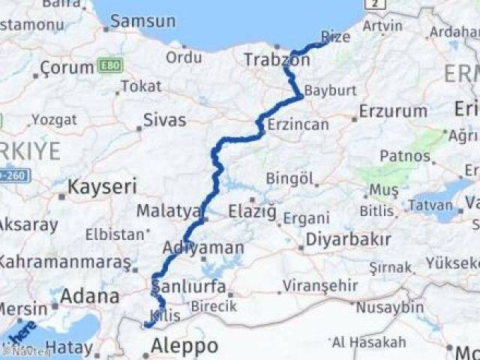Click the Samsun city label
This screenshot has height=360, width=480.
click(x=142, y=21)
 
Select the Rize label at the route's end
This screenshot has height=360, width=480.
click(x=334, y=36)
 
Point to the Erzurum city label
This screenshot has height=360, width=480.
click(x=393, y=112)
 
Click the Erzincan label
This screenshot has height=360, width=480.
click(x=298, y=124)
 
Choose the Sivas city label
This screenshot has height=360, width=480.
click(x=165, y=119)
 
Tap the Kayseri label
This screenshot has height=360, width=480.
click(x=102, y=186)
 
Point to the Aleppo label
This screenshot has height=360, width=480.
click(x=184, y=346)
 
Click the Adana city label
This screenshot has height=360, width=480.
click(x=89, y=295)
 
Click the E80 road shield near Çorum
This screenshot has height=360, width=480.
click(x=106, y=67)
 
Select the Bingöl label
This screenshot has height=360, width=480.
click(x=289, y=178)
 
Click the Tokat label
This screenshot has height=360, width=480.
click(x=141, y=86)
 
